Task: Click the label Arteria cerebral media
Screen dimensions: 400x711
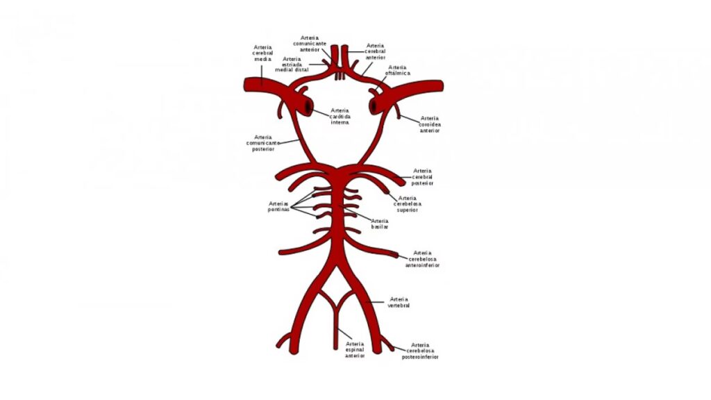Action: pos(262,53)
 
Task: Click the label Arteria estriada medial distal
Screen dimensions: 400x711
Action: pos(292,65)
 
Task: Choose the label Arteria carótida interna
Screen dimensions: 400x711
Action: pos(340,116)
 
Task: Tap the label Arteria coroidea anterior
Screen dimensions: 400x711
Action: pos(430,124)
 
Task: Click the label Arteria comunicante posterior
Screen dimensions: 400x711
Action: pos(263,143)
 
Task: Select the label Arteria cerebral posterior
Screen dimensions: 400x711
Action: pos(422,176)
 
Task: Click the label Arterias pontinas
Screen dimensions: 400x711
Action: pos(278,207)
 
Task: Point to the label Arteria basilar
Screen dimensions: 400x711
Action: pos(380,223)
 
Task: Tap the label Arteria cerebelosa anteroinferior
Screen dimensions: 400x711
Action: pos(424,258)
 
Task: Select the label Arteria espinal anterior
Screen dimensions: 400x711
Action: pos(354,349)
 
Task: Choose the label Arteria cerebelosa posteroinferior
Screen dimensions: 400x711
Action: pos(420,351)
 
